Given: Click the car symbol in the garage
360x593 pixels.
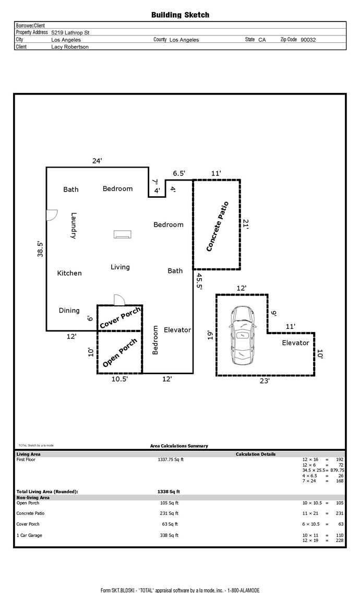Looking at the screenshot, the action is click(243, 336).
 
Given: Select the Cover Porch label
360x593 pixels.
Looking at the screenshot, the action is click(120, 318).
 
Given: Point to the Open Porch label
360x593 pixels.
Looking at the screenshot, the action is click(119, 353).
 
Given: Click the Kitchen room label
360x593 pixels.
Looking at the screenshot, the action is click(69, 273).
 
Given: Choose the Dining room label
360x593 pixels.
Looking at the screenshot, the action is click(69, 311).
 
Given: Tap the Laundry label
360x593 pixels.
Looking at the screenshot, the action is click(74, 226).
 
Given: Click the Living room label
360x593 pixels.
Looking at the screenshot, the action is click(120, 267).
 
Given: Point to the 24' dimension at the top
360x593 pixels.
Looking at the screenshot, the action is click(97, 161).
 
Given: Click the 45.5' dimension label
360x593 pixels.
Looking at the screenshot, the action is click(199, 282).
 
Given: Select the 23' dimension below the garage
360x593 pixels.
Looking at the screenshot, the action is click(265, 381).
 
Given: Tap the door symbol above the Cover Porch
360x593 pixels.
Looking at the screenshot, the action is click(119, 300).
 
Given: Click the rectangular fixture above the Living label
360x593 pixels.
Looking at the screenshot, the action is click(123, 234).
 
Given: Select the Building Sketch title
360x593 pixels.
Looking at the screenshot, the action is click(180, 15).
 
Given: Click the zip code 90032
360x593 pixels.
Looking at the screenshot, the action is click(308, 39).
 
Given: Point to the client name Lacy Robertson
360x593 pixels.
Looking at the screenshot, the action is click(70, 47).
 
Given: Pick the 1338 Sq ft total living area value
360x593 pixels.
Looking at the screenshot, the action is click(169, 492).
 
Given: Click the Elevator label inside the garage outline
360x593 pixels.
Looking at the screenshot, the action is click(295, 342).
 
